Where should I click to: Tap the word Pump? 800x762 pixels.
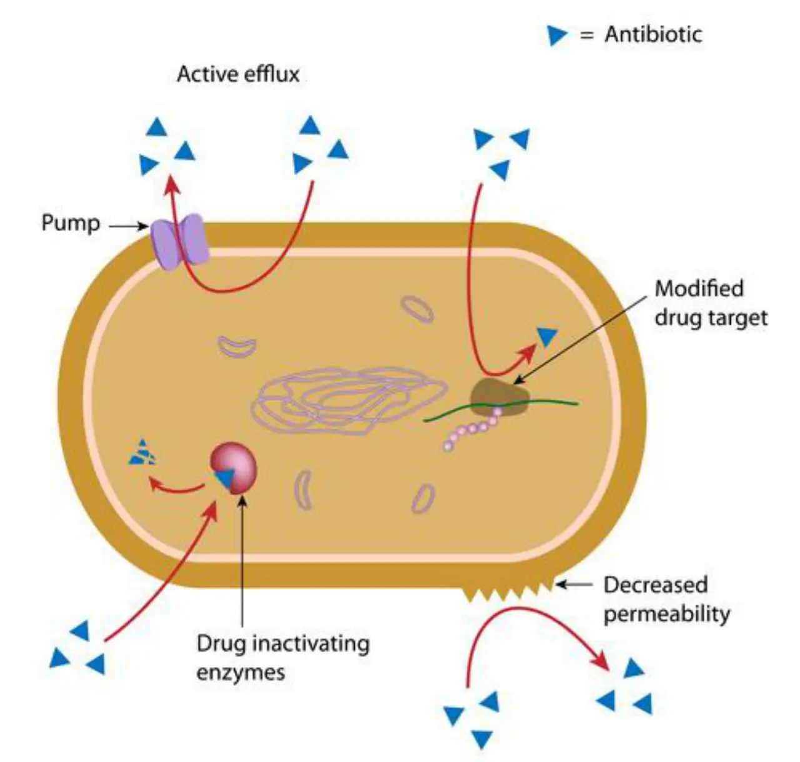[71, 224]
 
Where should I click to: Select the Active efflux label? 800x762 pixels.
[239, 74]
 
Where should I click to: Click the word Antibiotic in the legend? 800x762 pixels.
[653, 34]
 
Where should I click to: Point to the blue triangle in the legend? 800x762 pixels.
[556, 36]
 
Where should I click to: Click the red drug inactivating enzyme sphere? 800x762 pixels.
[234, 468]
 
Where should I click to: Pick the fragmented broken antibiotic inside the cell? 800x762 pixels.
[142, 453]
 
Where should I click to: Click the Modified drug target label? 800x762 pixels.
[711, 304]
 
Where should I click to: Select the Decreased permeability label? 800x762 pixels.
[666, 600]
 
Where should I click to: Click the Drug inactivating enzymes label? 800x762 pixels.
[283, 658]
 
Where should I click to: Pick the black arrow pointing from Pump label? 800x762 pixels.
[129, 226]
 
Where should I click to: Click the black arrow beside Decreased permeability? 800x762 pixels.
[574, 585]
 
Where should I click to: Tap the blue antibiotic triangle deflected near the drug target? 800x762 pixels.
[547, 337]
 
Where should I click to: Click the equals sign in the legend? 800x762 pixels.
[586, 35]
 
